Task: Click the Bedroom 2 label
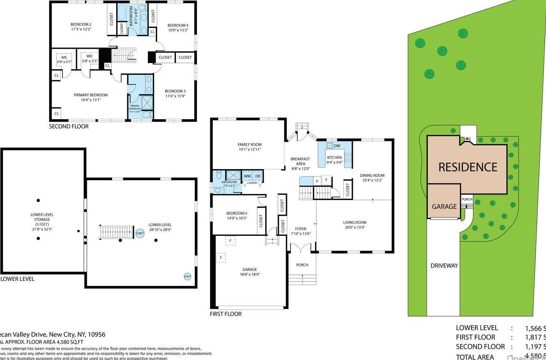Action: pos(81,24)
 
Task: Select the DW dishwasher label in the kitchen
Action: pos(337,146)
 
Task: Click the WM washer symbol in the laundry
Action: pos(247,176)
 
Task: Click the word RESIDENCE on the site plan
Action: pos(468,167)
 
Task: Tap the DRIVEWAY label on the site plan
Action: pos(444,265)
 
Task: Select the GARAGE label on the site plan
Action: pos(444,206)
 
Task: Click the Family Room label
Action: pos(249,145)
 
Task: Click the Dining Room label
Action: pos(372,175)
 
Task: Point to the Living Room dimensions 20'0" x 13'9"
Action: pos(354,227)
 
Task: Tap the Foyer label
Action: pos(300,229)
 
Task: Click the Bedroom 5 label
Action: pos(237,213)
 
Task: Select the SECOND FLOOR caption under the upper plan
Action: pos(69,127)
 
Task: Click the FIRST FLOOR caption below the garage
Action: pos(226,314)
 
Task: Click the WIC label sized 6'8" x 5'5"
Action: pos(64,57)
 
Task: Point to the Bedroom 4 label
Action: pos(178,25)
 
